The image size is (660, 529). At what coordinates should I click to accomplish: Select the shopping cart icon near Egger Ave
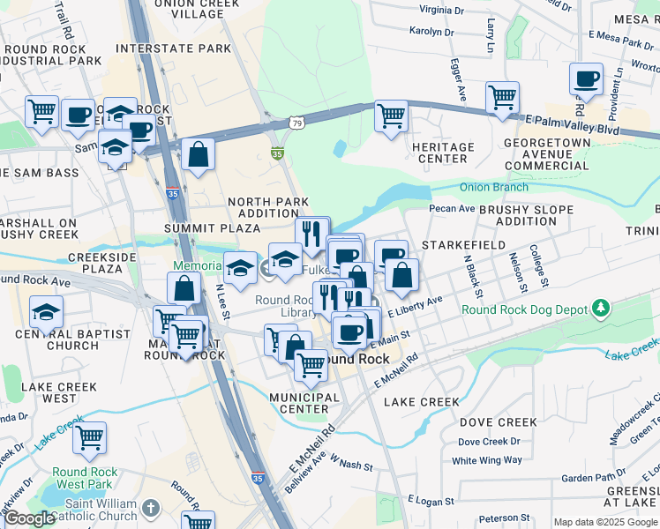point(391,115)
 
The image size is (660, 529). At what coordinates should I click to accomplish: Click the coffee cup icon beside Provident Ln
point(586,79)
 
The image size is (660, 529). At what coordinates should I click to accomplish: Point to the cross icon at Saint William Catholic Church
point(151,508)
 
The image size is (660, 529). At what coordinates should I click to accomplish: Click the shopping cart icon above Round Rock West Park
point(90,436)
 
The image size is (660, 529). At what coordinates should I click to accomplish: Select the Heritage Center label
point(442,153)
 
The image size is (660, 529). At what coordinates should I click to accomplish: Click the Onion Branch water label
point(493,187)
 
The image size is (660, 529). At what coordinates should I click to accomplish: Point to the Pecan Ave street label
point(452,208)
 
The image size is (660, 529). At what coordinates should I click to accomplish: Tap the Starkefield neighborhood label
point(463,244)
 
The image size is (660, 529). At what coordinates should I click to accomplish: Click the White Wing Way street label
point(486,460)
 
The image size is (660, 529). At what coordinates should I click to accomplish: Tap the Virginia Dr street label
point(441,10)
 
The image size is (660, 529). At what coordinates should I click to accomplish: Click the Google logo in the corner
point(29,518)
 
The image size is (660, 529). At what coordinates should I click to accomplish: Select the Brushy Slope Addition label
point(526,215)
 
